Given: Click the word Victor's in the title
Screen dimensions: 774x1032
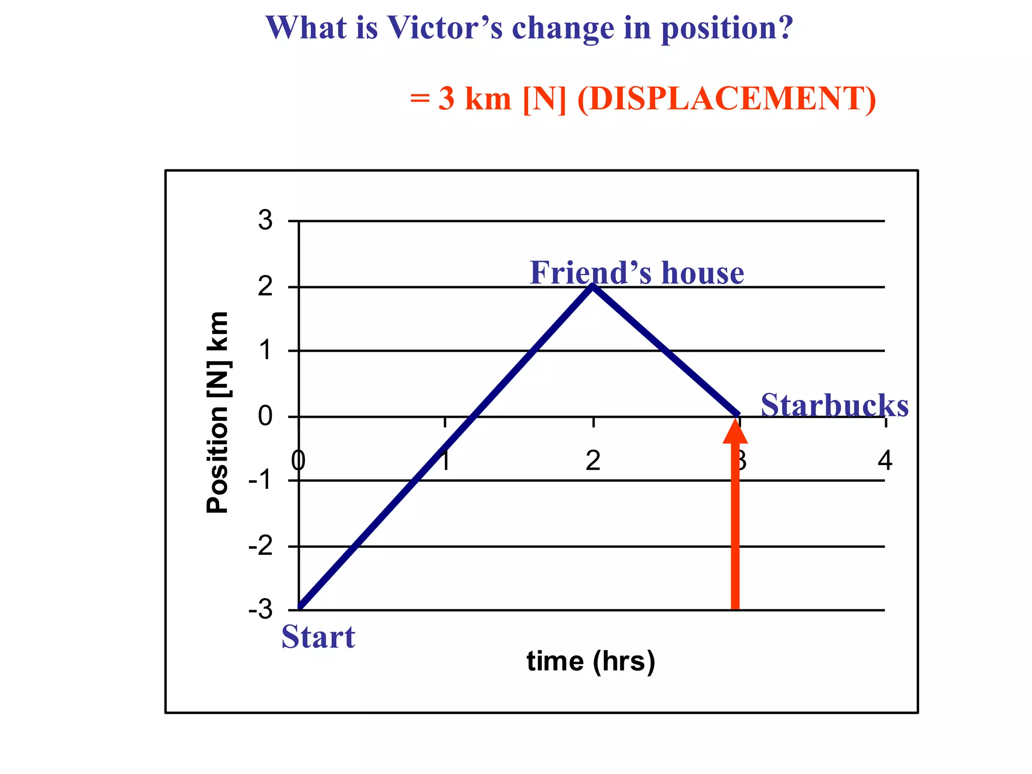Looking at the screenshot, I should [x=444, y=28].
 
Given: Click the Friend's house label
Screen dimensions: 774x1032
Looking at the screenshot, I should [x=636, y=273].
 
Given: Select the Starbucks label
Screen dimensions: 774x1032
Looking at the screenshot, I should [x=834, y=405].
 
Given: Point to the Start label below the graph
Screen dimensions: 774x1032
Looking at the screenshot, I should [x=318, y=636].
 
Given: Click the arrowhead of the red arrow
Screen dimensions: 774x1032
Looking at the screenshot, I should [x=735, y=430].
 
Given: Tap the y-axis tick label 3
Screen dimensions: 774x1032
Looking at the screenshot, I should [x=265, y=220].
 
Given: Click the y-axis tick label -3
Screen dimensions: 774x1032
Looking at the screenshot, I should [x=261, y=610].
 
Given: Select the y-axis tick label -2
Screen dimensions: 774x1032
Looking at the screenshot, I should [x=261, y=546].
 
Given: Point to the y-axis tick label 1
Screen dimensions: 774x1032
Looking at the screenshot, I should [x=266, y=350].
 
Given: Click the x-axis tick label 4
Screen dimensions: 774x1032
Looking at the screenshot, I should [x=885, y=460].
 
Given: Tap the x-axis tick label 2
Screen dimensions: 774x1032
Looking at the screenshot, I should [x=593, y=460].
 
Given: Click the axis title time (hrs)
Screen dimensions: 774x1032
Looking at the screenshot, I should [x=591, y=661].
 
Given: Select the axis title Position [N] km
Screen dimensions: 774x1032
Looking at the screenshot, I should [x=218, y=412].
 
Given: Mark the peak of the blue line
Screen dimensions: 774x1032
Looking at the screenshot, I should [x=593, y=287].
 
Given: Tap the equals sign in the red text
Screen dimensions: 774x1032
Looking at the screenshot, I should [x=419, y=98].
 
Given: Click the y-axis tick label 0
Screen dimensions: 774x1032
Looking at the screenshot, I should [x=265, y=416].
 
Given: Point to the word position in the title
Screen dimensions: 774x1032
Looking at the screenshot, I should [x=727, y=28].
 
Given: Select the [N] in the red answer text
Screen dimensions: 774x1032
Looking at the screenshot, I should [x=544, y=98].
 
